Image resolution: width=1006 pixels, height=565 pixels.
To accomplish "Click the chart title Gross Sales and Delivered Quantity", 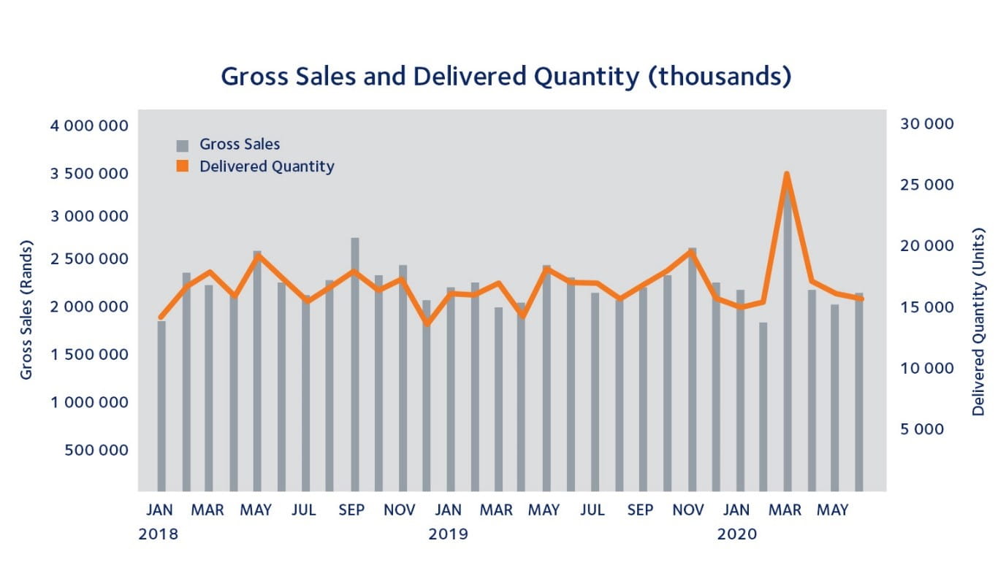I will coord(506,77).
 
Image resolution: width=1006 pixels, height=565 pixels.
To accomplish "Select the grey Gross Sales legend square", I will coord(183,145).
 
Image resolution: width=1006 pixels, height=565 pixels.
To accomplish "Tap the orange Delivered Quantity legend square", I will coord(183,166).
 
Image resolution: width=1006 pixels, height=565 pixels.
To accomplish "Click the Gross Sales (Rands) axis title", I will coord(27,309).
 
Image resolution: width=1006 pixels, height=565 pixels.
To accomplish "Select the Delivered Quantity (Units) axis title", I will coord(978,322).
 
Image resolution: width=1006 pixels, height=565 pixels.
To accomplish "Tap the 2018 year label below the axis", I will coord(158,534).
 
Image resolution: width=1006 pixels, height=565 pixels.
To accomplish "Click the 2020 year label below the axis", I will coord(737,534).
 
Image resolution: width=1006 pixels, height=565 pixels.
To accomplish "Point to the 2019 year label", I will coord(448,534).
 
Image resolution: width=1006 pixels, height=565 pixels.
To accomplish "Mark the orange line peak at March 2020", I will coord(787,174).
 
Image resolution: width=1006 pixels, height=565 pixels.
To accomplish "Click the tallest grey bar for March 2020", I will coord(787,343).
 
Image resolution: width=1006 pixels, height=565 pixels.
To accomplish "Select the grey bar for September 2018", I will coord(355,365).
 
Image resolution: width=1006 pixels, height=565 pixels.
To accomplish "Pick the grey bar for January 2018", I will coord(161,406).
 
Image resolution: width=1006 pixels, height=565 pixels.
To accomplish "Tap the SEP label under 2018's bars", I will coord(351,510).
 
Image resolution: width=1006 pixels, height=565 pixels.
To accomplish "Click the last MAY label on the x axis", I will coord(833,510).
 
